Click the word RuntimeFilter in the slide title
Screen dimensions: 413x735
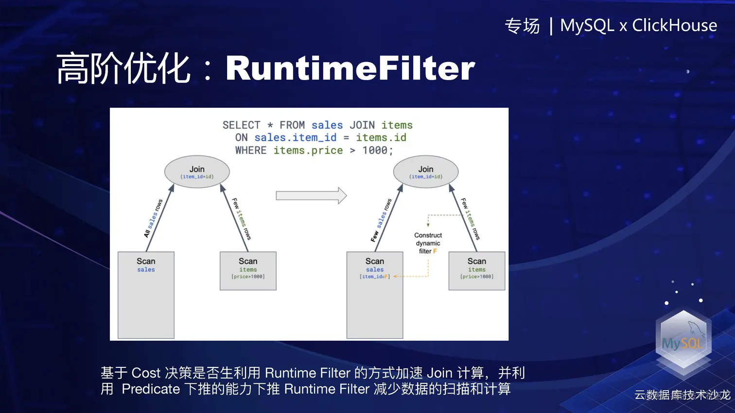point(350,68)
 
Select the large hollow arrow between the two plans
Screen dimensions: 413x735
point(311,196)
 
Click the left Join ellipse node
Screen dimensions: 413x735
point(197,172)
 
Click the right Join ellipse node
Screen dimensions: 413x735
point(426,172)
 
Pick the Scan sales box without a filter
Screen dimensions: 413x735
point(146,295)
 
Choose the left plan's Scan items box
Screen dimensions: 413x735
point(248,271)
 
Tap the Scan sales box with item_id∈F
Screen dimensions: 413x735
point(375,295)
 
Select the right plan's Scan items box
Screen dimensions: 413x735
point(477,271)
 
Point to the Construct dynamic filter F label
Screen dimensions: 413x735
point(428,243)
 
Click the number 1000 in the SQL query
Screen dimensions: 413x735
point(375,150)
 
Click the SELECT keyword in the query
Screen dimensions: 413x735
point(241,125)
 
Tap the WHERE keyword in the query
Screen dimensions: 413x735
point(250,150)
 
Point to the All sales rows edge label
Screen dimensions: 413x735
point(153,218)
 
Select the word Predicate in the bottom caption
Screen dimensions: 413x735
point(151,389)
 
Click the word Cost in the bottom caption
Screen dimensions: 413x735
point(146,373)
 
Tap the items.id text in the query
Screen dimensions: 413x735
point(381,138)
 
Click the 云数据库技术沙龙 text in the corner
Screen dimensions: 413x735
point(682,395)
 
